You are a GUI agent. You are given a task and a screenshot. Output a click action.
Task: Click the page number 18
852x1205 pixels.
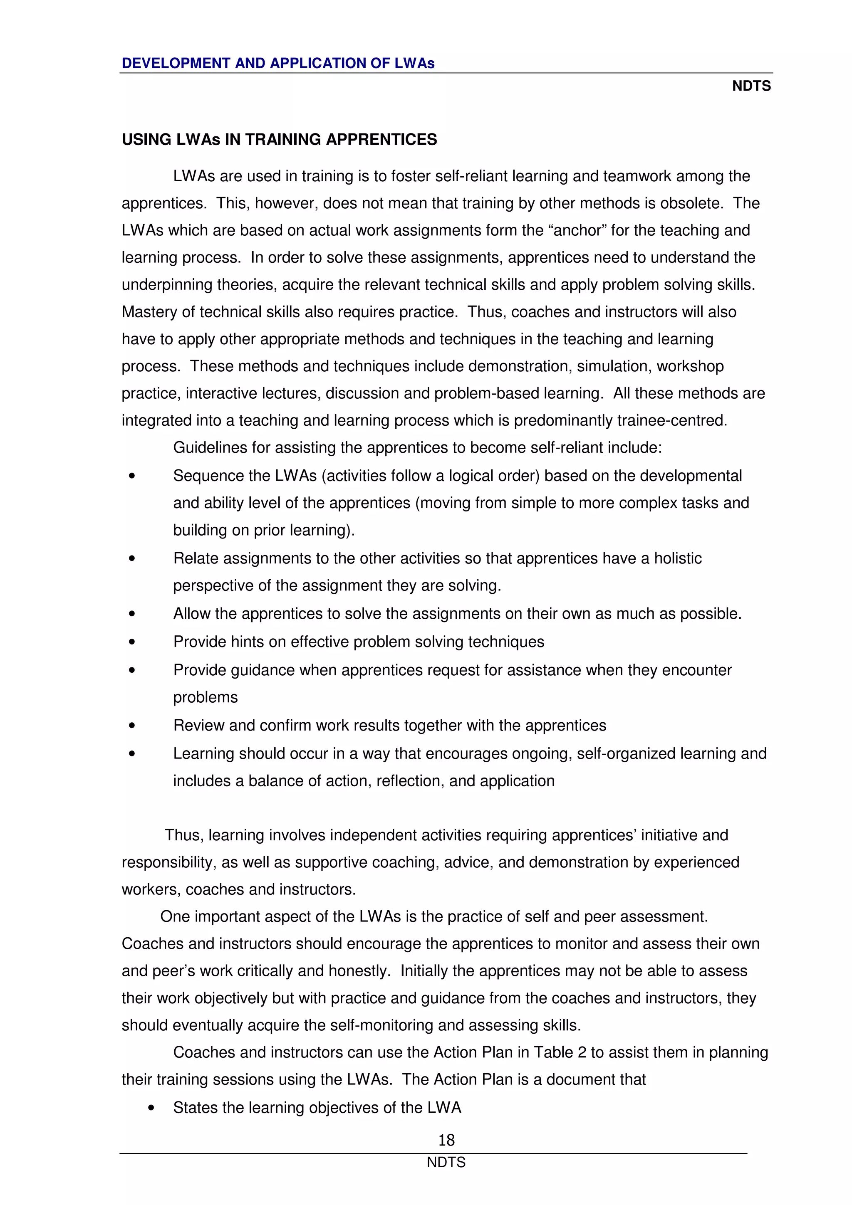pos(446,1139)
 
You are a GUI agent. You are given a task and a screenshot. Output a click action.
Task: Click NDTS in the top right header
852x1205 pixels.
pos(751,86)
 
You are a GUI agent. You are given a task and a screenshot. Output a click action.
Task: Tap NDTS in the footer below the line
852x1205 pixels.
pos(446,1162)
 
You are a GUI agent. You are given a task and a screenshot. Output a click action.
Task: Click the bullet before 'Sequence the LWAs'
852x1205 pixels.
pos(132,476)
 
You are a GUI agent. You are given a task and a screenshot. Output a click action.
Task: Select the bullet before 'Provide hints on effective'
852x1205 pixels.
pos(132,642)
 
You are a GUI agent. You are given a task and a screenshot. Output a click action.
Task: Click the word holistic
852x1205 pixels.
pos(678,558)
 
